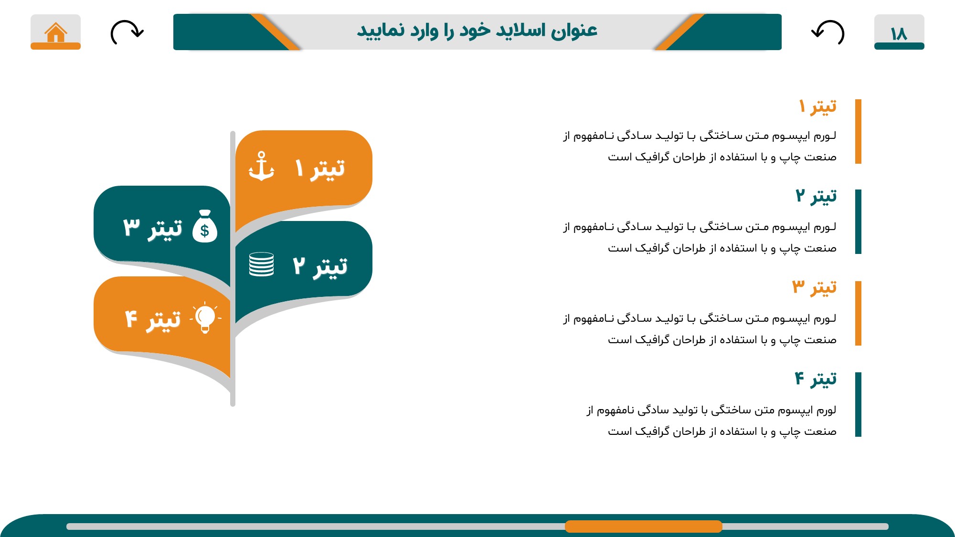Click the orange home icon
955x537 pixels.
tap(56, 32)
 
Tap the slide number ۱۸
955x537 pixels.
tap(899, 34)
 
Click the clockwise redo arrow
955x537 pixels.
tap(127, 32)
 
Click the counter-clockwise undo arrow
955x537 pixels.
tap(828, 32)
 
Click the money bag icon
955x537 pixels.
tap(205, 226)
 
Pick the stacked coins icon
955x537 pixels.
tap(261, 264)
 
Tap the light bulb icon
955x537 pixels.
tap(205, 317)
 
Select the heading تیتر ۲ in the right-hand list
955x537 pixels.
tap(816, 196)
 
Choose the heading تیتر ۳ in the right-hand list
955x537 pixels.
tap(815, 287)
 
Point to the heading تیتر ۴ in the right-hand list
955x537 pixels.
tap(816, 379)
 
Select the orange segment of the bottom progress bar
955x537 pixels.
tap(643, 526)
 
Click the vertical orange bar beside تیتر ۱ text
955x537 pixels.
tap(858, 131)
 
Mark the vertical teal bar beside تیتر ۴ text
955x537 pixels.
tap(858, 404)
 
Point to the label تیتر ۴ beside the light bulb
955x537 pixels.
tap(153, 319)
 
